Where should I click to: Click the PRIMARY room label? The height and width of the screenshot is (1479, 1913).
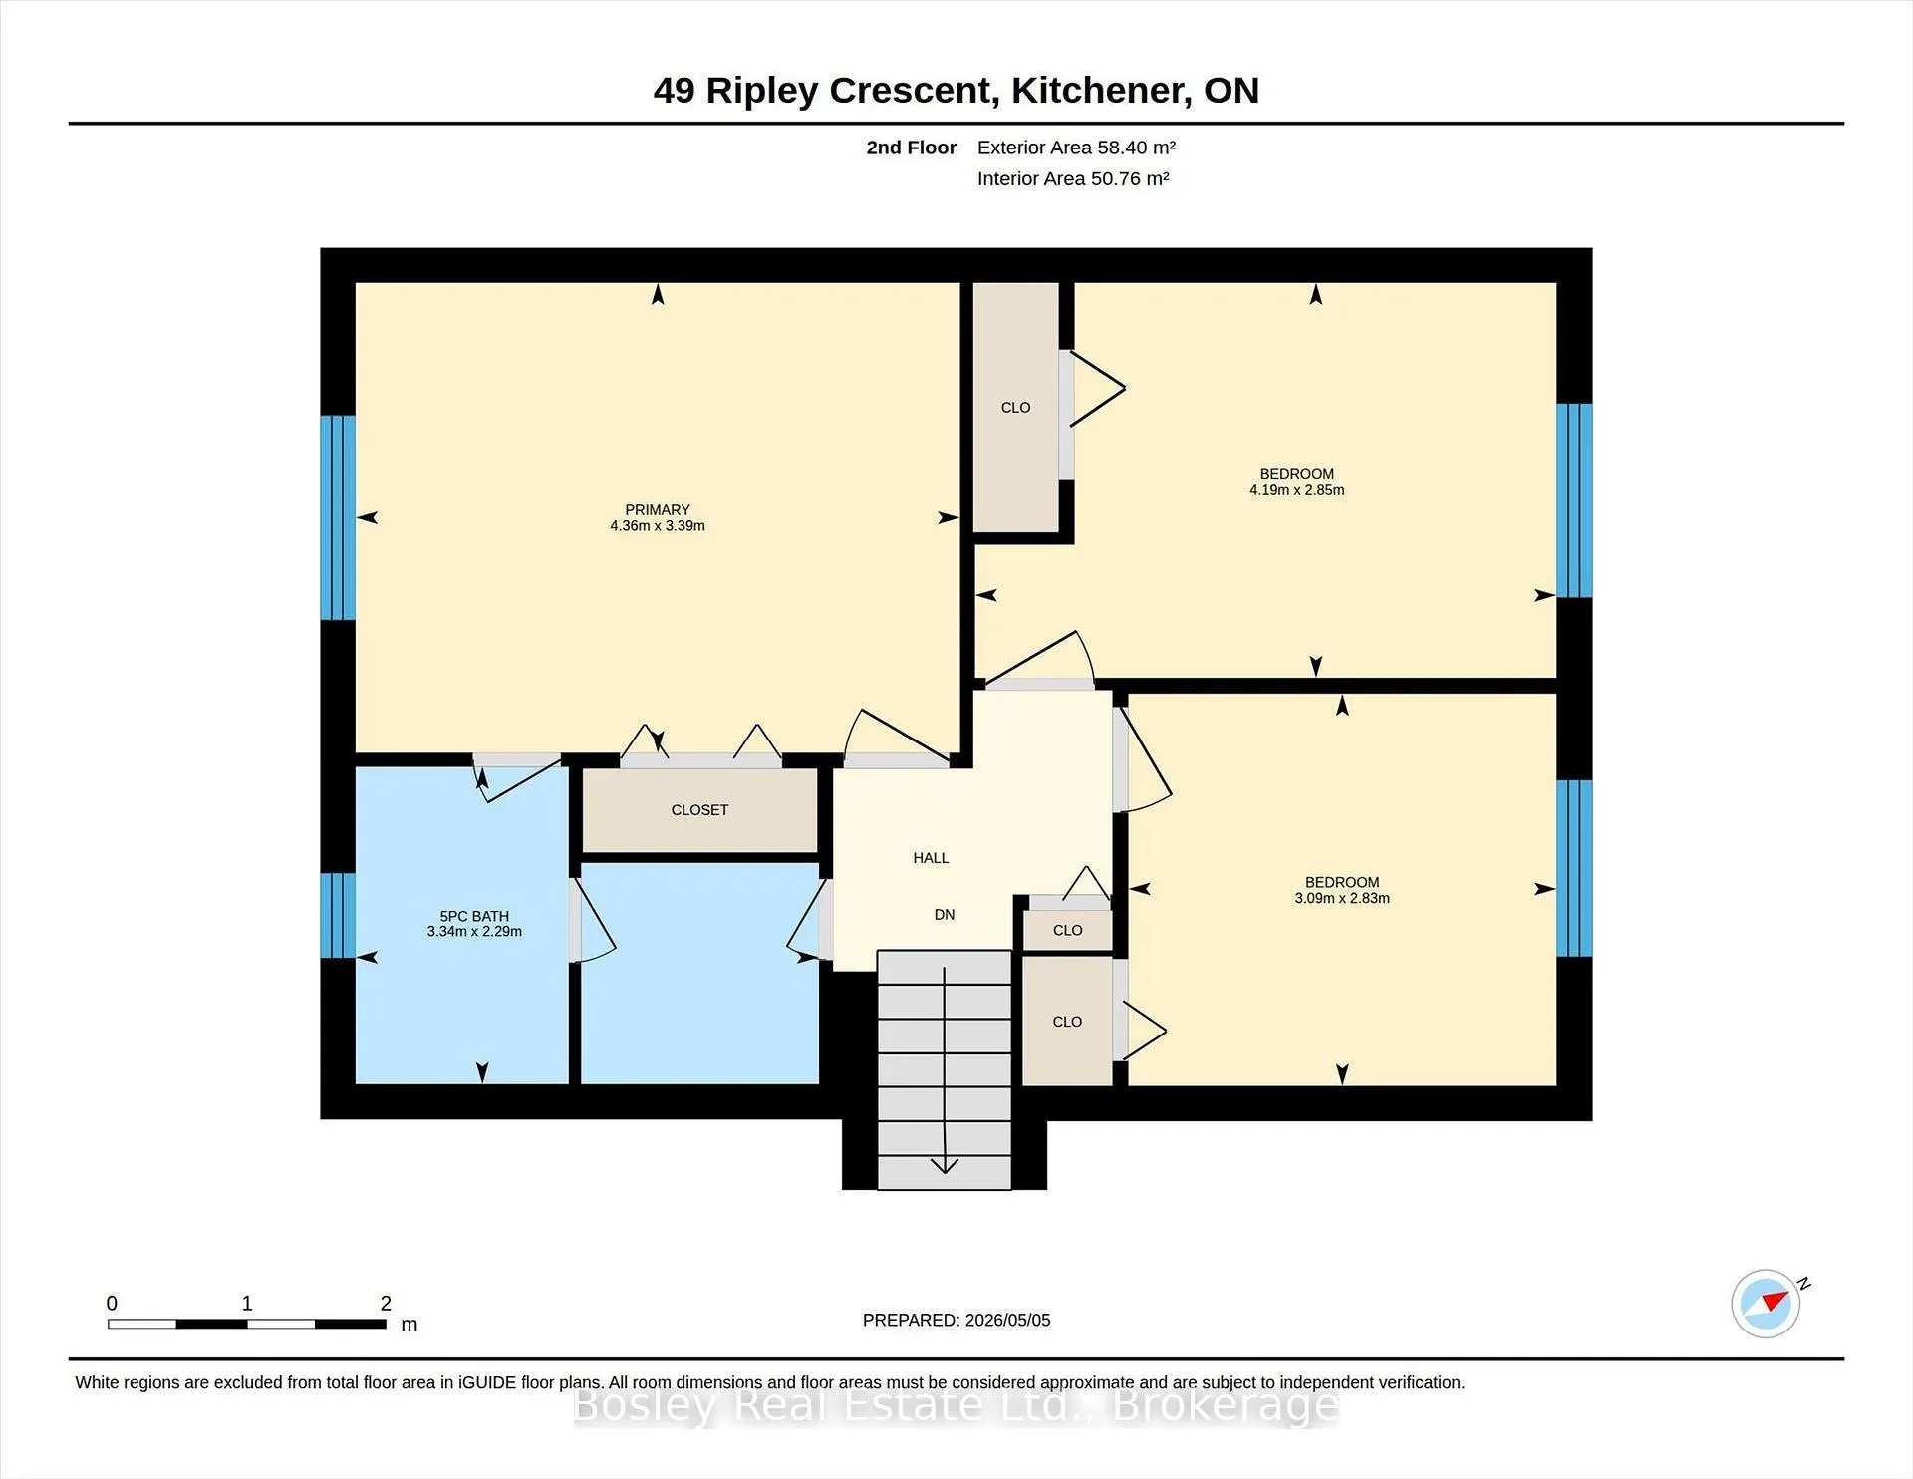pyautogui.click(x=658, y=510)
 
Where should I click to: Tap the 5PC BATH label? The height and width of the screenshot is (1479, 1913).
pyautogui.click(x=474, y=916)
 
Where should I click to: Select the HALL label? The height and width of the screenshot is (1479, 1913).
pyautogui.click(x=931, y=858)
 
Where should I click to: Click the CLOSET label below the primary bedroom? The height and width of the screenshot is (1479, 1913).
pyautogui.click(x=699, y=810)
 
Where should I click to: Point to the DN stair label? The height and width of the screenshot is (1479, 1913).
pyautogui.click(x=945, y=915)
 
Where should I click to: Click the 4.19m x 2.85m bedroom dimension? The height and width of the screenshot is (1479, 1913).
pyautogui.click(x=1297, y=490)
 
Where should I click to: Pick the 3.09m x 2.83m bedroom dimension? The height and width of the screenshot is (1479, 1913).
pyautogui.click(x=1342, y=898)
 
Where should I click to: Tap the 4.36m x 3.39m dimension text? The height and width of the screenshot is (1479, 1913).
pyautogui.click(x=658, y=526)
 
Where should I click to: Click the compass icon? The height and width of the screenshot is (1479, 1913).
pyautogui.click(x=1768, y=1303)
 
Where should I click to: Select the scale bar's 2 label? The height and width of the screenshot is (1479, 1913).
pyautogui.click(x=386, y=1303)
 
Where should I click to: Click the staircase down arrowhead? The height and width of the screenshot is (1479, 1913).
pyautogui.click(x=944, y=1165)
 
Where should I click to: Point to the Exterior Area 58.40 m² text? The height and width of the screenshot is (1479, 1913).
pyautogui.click(x=1076, y=148)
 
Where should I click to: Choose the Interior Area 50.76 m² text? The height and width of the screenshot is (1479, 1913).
pyautogui.click(x=1073, y=178)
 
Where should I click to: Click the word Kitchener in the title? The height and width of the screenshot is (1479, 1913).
pyautogui.click(x=1101, y=90)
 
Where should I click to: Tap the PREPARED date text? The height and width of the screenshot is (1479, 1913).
pyautogui.click(x=956, y=1320)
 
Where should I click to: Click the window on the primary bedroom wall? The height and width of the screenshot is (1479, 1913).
pyautogui.click(x=338, y=517)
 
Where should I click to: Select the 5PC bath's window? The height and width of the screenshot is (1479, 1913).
pyautogui.click(x=338, y=915)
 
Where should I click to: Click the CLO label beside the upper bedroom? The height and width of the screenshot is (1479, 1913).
pyautogui.click(x=1015, y=408)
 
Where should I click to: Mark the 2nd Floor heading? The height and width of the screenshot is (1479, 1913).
pyautogui.click(x=911, y=148)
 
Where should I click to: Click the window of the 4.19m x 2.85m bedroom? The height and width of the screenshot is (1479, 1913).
pyautogui.click(x=1574, y=500)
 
